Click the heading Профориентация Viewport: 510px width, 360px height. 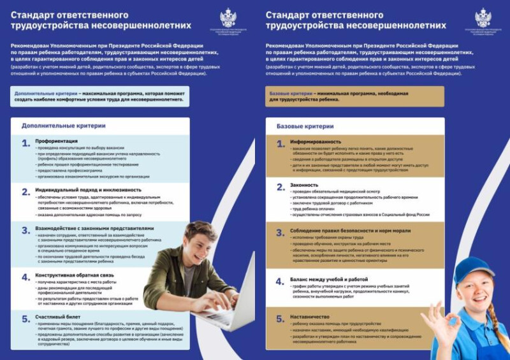coord(57,141)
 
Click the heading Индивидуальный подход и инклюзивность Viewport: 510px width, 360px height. coord(89,190)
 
